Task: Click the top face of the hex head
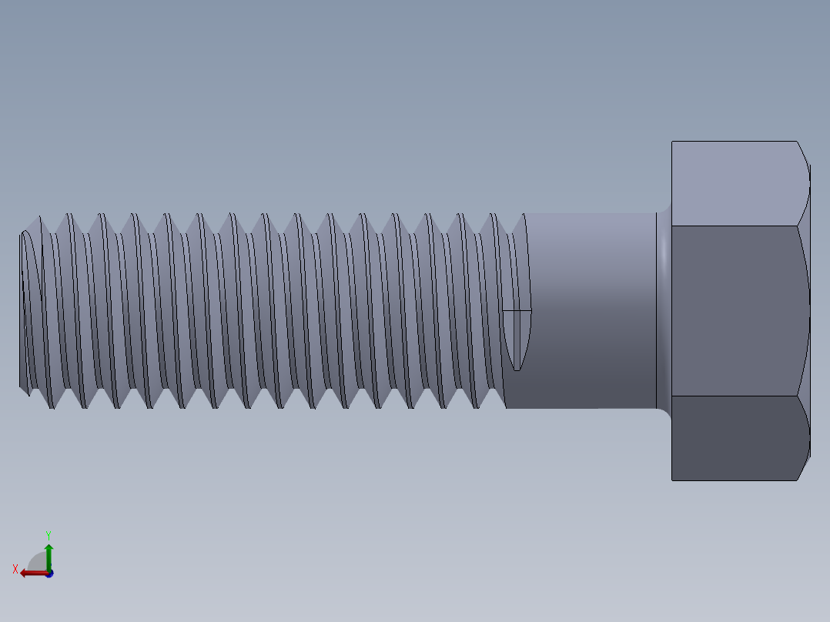(x=735, y=183)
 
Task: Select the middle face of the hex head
(x=735, y=310)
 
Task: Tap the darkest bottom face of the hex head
(x=735, y=438)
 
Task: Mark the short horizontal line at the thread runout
(x=517, y=311)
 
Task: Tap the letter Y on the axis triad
(x=48, y=534)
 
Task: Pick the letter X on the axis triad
(x=15, y=569)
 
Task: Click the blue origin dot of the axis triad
(x=49, y=574)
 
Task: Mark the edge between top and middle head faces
(x=735, y=226)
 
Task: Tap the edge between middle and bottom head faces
(x=735, y=396)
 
